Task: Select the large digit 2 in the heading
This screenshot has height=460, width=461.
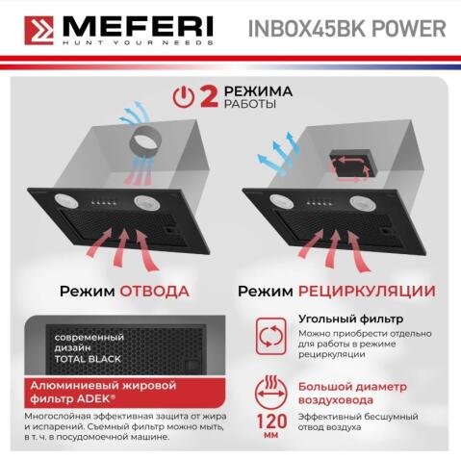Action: (x=206, y=96)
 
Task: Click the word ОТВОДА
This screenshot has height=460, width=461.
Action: (x=154, y=290)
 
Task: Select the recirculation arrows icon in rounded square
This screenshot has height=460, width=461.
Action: (x=269, y=335)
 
